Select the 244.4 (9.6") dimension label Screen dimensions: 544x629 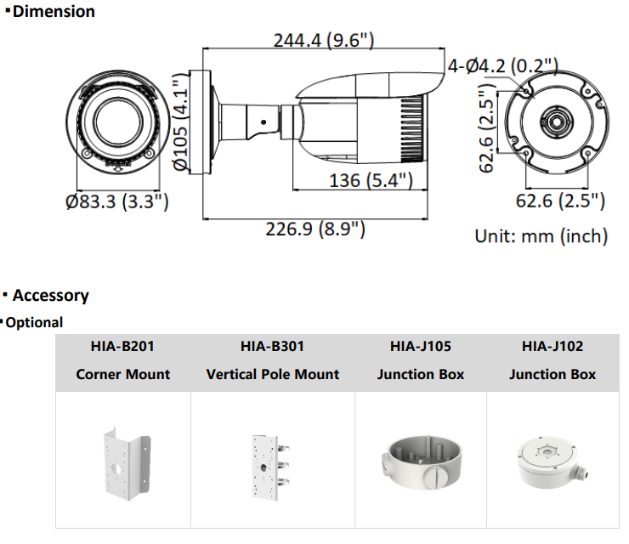coord(324,40)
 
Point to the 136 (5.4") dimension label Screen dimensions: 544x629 coord(371,180)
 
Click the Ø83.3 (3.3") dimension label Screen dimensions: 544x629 coord(116,201)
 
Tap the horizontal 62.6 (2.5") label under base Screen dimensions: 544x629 coord(561,201)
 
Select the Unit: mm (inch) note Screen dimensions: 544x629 coord(541,235)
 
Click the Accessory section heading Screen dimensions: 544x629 coord(50,296)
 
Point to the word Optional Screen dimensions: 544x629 coord(34,323)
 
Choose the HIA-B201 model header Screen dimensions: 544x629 coord(122,347)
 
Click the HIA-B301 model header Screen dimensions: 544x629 coord(272,347)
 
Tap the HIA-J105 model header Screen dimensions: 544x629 coord(421,347)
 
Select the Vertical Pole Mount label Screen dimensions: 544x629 coord(272,374)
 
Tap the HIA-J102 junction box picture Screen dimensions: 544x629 coord(552,461)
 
